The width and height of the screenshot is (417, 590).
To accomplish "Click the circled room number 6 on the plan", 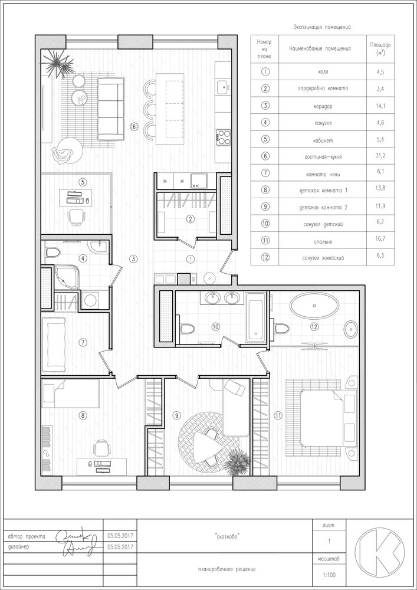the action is tap(134, 127).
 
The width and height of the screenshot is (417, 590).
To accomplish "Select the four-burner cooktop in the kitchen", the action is tap(223, 137).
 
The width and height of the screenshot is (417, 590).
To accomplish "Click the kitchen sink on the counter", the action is tap(223, 87).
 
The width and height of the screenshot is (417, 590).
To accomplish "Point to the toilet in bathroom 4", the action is tap(52, 252).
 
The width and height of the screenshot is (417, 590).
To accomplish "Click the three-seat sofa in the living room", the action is tap(111, 109).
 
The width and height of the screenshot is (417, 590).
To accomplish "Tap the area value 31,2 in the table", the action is tap(380, 158).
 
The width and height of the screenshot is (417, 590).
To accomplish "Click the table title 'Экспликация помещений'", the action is tap(322, 27).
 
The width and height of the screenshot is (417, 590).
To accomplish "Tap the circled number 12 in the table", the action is tap(265, 258).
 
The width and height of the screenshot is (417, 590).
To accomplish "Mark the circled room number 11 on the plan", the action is tap(278, 415).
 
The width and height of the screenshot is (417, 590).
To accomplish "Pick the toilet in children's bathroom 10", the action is tap(187, 329).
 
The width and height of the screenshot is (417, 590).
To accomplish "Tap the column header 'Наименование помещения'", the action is tap(320, 48).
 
